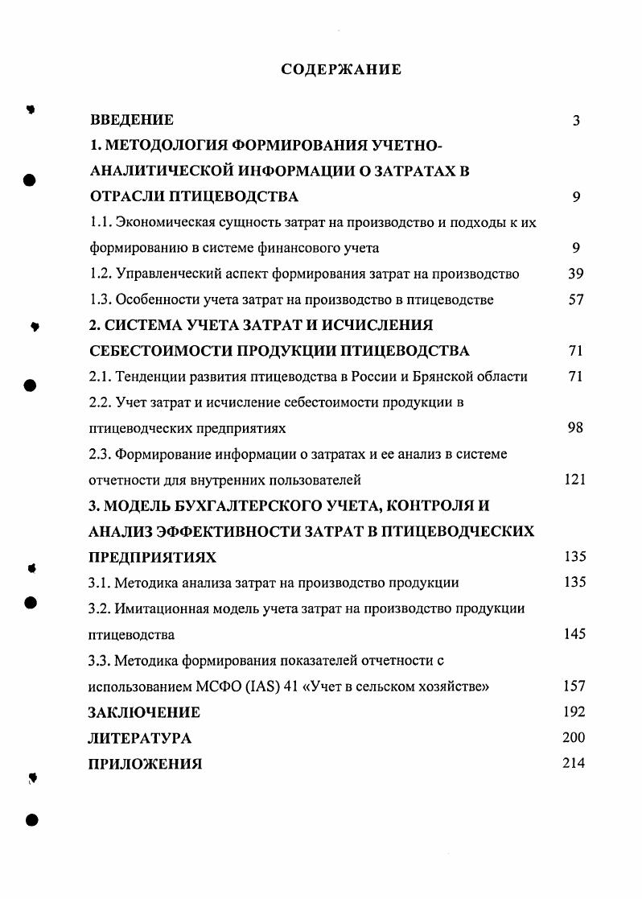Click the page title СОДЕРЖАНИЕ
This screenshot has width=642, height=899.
pyautogui.click(x=341, y=70)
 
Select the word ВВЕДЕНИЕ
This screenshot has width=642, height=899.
pyautogui.click(x=131, y=121)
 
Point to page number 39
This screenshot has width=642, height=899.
pyautogui.click(x=575, y=274)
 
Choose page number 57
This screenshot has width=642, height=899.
pyautogui.click(x=575, y=300)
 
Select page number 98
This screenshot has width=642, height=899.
pyautogui.click(x=575, y=428)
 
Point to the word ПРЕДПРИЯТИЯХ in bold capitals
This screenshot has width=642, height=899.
pyautogui.click(x=152, y=557)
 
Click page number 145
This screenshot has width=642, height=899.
pyautogui.click(x=574, y=634)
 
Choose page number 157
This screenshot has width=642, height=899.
pyautogui.click(x=574, y=687)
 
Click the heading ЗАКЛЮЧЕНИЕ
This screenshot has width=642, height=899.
pyautogui.click(x=144, y=712)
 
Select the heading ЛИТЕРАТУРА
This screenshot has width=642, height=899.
pyautogui.click(x=140, y=738)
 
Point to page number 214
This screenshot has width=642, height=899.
pyautogui.click(x=574, y=763)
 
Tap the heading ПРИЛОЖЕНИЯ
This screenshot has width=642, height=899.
pyautogui.click(x=145, y=764)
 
